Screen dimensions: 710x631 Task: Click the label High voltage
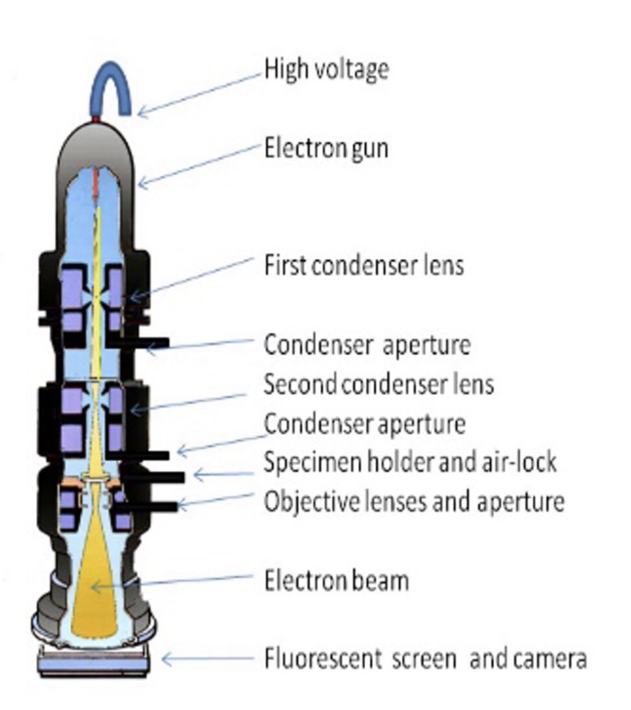(326, 68)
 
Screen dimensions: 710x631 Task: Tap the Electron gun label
(326, 148)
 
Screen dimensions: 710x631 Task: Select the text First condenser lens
(364, 265)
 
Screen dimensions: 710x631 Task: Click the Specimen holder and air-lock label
(410, 463)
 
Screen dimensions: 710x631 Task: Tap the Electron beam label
(337, 580)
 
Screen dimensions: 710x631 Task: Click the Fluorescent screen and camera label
(425, 659)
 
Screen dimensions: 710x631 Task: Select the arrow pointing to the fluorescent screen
(208, 659)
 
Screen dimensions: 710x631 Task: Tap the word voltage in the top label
(354, 68)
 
